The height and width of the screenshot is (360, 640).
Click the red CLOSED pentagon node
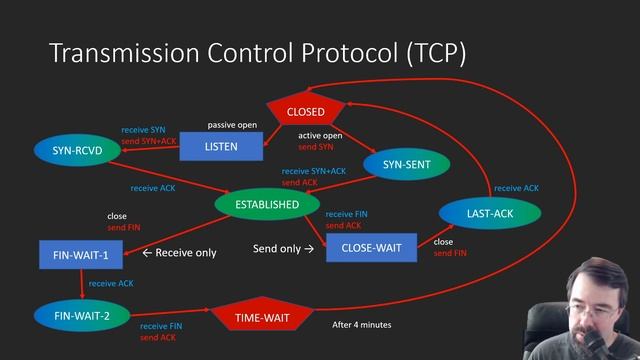pos(305,112)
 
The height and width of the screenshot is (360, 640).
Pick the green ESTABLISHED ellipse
pos(267,204)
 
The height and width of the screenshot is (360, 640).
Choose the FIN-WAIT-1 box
pos(81,255)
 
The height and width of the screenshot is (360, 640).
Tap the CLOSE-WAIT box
pos(371,247)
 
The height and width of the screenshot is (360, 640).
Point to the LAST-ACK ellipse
pos(490,213)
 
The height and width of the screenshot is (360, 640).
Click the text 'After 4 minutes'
pos(361,325)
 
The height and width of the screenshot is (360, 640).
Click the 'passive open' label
pos(231,125)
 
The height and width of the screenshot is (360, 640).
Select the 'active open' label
pos(320,134)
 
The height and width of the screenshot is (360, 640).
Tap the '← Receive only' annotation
pos(179,253)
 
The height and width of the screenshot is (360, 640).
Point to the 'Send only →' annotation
pos(283,248)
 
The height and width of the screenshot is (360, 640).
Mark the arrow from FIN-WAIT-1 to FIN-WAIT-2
pos(81,284)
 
